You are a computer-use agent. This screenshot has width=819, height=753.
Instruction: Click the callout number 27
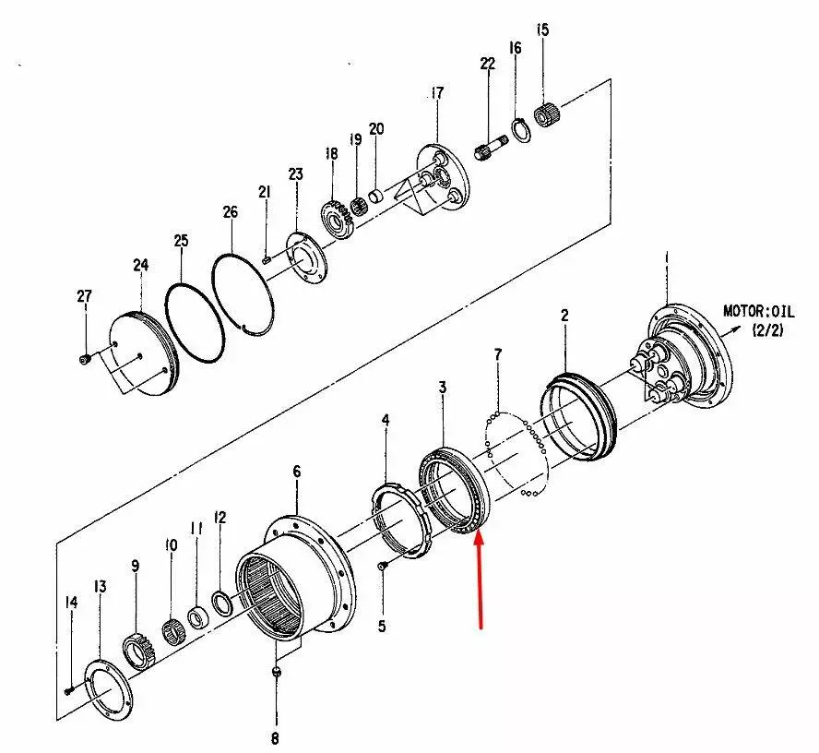(x=84, y=296)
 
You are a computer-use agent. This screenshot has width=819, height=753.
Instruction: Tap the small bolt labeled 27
(x=85, y=357)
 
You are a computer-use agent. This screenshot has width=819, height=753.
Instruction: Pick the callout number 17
(x=436, y=92)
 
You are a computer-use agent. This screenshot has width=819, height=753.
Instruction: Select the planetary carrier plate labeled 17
(x=441, y=179)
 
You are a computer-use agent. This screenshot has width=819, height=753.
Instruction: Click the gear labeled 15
(x=550, y=117)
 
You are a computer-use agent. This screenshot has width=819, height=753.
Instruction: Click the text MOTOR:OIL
(x=757, y=311)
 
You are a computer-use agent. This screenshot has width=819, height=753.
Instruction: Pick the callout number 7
(x=498, y=354)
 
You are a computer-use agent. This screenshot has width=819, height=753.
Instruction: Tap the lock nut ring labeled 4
(x=402, y=520)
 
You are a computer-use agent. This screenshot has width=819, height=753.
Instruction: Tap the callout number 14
(x=71, y=604)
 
